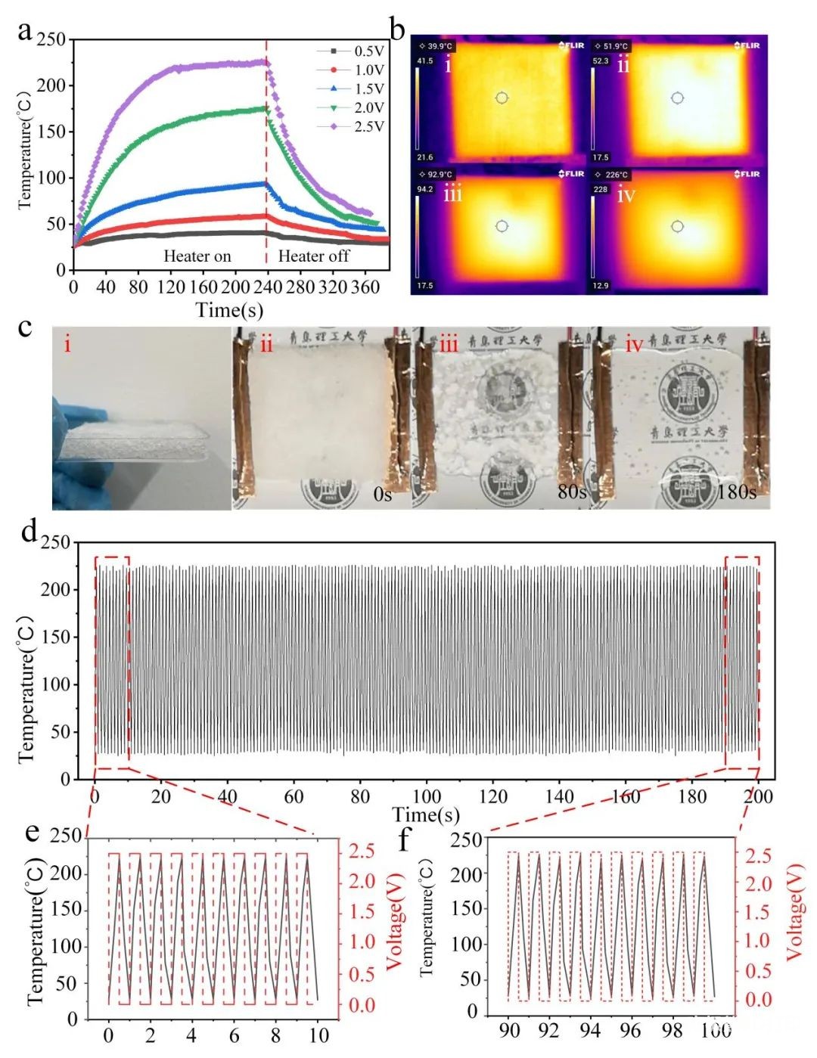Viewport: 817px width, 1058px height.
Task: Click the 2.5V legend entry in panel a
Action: pos(368,126)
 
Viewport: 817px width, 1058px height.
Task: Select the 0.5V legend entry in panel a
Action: pos(368,51)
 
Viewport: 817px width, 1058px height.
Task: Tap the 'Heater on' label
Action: pos(197,256)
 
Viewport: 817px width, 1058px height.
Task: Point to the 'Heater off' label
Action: pos(313,256)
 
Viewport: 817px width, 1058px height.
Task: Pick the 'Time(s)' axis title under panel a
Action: pos(229,309)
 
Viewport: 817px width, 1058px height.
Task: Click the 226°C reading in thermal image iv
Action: pos(615,175)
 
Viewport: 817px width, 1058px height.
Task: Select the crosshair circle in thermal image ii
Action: pos(677,98)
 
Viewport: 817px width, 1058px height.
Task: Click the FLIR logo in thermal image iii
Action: pos(572,175)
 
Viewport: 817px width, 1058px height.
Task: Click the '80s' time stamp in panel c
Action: pos(573,492)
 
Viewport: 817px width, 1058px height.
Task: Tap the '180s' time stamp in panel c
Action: pos(736,492)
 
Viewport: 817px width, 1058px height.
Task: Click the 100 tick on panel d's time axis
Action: pos(427,796)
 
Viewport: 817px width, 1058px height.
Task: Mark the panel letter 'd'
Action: pos(30,531)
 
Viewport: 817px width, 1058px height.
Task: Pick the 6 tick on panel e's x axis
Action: pos(235,1035)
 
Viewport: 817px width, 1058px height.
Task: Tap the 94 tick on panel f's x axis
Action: pos(590,1030)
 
